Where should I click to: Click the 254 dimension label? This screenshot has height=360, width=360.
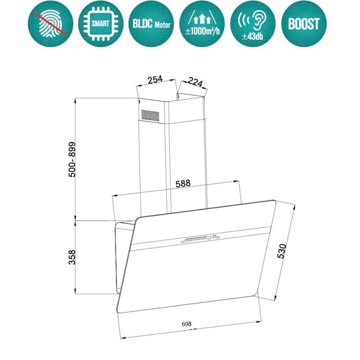tap(155, 80)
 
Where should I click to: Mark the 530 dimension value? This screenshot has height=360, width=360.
tap(281, 252)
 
